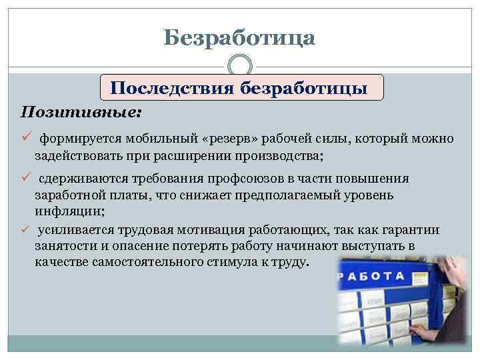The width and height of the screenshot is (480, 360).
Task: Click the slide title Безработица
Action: [239, 37]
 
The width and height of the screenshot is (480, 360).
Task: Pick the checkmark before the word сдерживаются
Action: [27, 178]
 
